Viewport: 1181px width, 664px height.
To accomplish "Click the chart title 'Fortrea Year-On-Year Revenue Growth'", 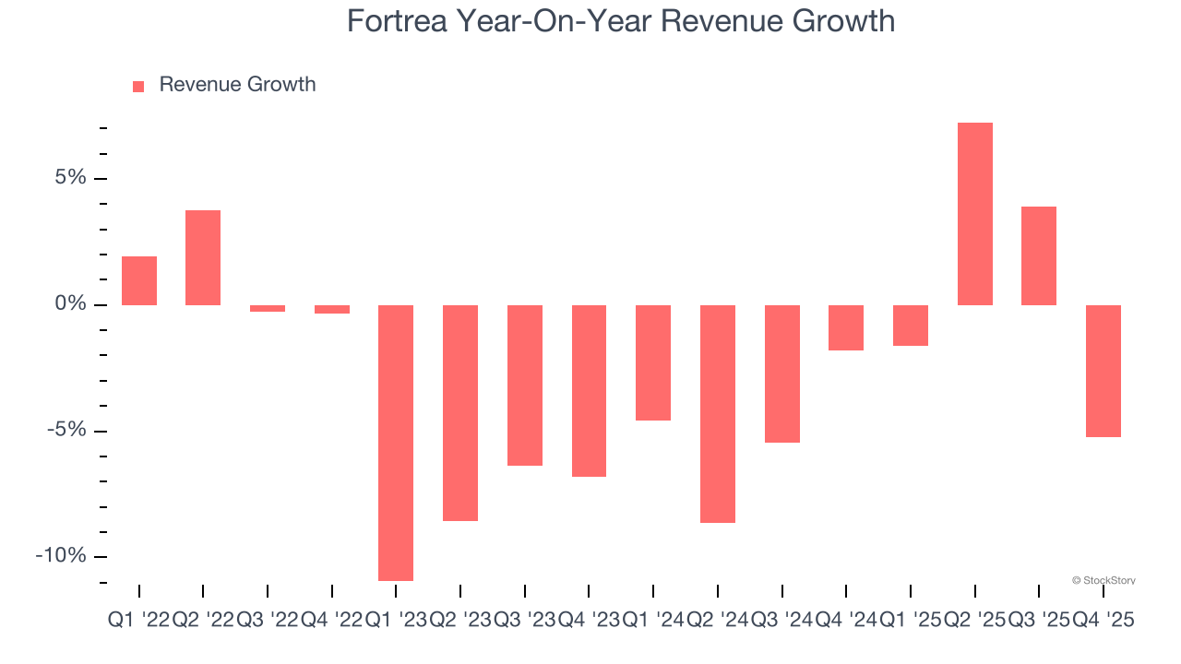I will coord(620,20).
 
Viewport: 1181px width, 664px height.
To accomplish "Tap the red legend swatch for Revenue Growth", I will coord(138,86).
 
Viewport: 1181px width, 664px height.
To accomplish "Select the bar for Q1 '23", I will coord(396,443).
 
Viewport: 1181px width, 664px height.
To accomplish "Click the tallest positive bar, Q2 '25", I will coord(974,214).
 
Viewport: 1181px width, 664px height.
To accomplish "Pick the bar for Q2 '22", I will coord(203,257).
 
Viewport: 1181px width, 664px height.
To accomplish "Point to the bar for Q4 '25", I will coord(1103,371).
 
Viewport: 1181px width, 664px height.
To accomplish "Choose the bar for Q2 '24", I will coord(718,414).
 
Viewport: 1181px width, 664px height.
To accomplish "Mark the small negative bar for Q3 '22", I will coord(268,308).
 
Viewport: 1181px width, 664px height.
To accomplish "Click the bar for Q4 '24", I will coord(846,327).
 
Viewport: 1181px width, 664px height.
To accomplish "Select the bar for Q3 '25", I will coord(1039,255).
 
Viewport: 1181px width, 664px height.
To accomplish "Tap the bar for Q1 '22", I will coord(139,280).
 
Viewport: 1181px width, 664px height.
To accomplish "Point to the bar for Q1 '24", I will coord(653,362).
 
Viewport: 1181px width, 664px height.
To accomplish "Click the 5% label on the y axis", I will coord(69,177).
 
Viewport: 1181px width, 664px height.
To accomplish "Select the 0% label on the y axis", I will coord(69,303).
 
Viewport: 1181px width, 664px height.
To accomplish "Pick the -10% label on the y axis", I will coord(61,555).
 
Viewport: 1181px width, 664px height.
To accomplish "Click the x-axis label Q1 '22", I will coord(138,621).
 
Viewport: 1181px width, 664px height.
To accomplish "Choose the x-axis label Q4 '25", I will coord(1103,621).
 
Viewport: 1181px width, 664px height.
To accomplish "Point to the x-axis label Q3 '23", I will coord(525,621).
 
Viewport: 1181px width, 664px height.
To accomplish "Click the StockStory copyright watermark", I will coord(1103,580).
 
